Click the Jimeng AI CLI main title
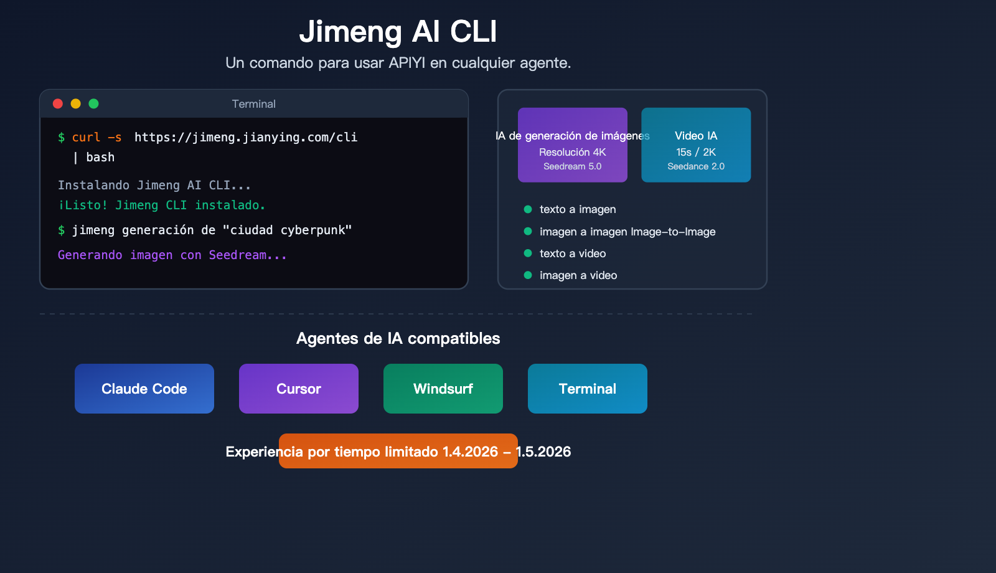(398, 32)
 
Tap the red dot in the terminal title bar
(58, 104)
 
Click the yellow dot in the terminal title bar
(76, 104)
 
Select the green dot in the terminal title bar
(94, 104)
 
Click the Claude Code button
(144, 389)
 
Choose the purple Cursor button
(299, 389)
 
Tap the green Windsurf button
(443, 389)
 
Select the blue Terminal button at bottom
(588, 389)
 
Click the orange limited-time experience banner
(398, 451)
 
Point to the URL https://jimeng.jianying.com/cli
(246, 138)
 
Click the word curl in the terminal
(86, 138)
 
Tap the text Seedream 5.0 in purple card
(573, 166)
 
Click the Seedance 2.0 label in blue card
(696, 166)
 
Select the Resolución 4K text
(573, 152)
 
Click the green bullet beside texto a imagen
(528, 209)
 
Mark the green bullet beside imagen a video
(528, 275)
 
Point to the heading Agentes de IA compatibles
(398, 338)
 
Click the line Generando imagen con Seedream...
(172, 255)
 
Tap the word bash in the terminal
(100, 158)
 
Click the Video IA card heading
(696, 136)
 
